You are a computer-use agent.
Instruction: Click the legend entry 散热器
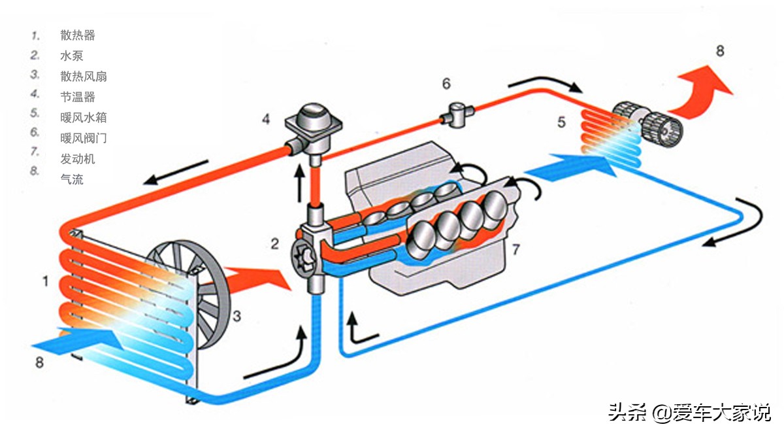pyautogui.click(x=78, y=35)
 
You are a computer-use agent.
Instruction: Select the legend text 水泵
pyautogui.click(x=71, y=56)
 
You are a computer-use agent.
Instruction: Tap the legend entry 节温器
pyautogui.click(x=78, y=97)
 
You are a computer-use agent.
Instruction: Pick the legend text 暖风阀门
pyautogui.click(x=83, y=138)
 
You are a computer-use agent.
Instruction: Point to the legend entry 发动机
pyautogui.click(x=78, y=158)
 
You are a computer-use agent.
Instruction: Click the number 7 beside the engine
pyautogui.click(x=515, y=249)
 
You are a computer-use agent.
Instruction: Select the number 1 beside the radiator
pyautogui.click(x=45, y=282)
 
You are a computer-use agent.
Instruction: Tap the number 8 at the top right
pyautogui.click(x=719, y=51)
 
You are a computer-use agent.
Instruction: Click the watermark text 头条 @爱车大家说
pyautogui.click(x=689, y=413)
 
